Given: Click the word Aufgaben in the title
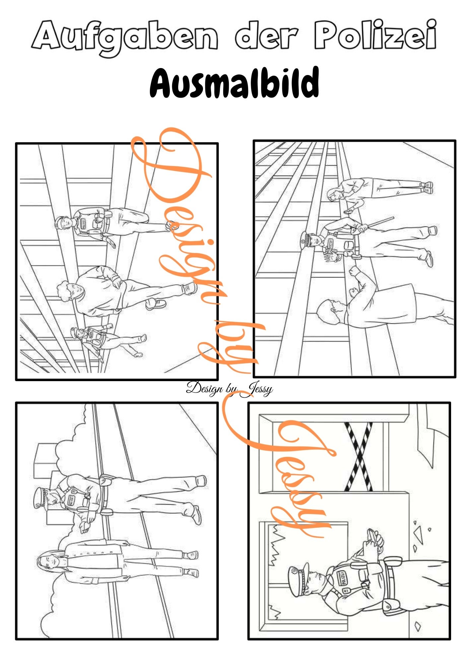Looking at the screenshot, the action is [124, 38].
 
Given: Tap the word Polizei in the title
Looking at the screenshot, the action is [375, 34].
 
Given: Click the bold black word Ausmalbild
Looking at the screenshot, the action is [234, 82].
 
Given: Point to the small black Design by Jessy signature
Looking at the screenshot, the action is [230, 388].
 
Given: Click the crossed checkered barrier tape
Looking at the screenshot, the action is [359, 457].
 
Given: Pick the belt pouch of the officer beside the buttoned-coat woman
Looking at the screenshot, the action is [106, 480].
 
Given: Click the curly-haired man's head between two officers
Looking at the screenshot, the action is [66, 291].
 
